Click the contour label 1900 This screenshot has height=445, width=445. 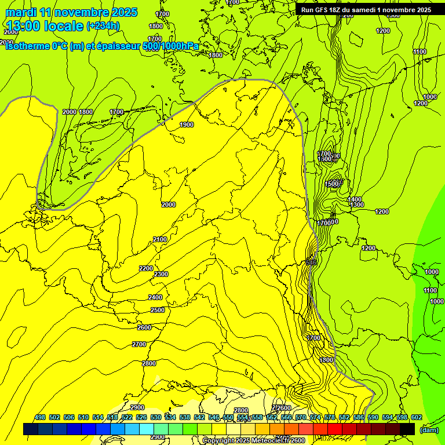186,125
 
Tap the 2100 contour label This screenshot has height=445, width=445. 160,239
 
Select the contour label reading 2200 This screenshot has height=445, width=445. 146,268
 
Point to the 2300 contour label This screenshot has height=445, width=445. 161,274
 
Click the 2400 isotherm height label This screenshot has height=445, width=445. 155,297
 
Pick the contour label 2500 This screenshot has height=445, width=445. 158,310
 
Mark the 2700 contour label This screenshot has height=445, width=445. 139,344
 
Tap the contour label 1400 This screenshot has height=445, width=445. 355,199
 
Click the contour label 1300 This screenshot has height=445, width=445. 357,205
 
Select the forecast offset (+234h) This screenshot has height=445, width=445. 103,25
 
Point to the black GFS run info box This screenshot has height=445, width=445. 366,10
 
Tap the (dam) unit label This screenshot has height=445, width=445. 429,430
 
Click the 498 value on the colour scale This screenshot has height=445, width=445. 40,417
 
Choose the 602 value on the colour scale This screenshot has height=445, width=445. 417,417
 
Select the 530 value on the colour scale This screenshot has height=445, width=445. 156,417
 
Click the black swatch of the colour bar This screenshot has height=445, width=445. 407,429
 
